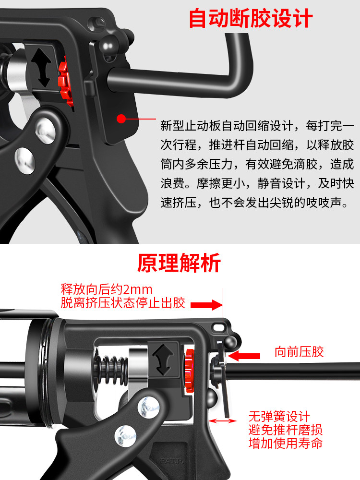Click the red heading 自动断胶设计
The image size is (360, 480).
[251, 18]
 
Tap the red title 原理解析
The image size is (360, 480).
[179, 263]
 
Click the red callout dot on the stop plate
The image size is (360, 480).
[121, 119]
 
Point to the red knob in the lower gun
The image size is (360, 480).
[190, 371]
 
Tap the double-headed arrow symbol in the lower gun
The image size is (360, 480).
[163, 360]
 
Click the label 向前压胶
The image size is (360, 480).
[299, 352]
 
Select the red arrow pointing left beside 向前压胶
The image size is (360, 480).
[244, 356]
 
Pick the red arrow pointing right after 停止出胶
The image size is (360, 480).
[206, 305]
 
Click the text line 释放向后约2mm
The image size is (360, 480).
[107, 289]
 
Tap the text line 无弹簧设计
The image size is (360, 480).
[279, 416]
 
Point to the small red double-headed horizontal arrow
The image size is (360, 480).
[222, 421]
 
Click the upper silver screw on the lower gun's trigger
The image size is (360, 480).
[148, 407]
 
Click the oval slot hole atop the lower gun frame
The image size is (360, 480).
[218, 327]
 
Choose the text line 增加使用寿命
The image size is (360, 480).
[285, 443]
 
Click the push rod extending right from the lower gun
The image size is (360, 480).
[291, 372]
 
